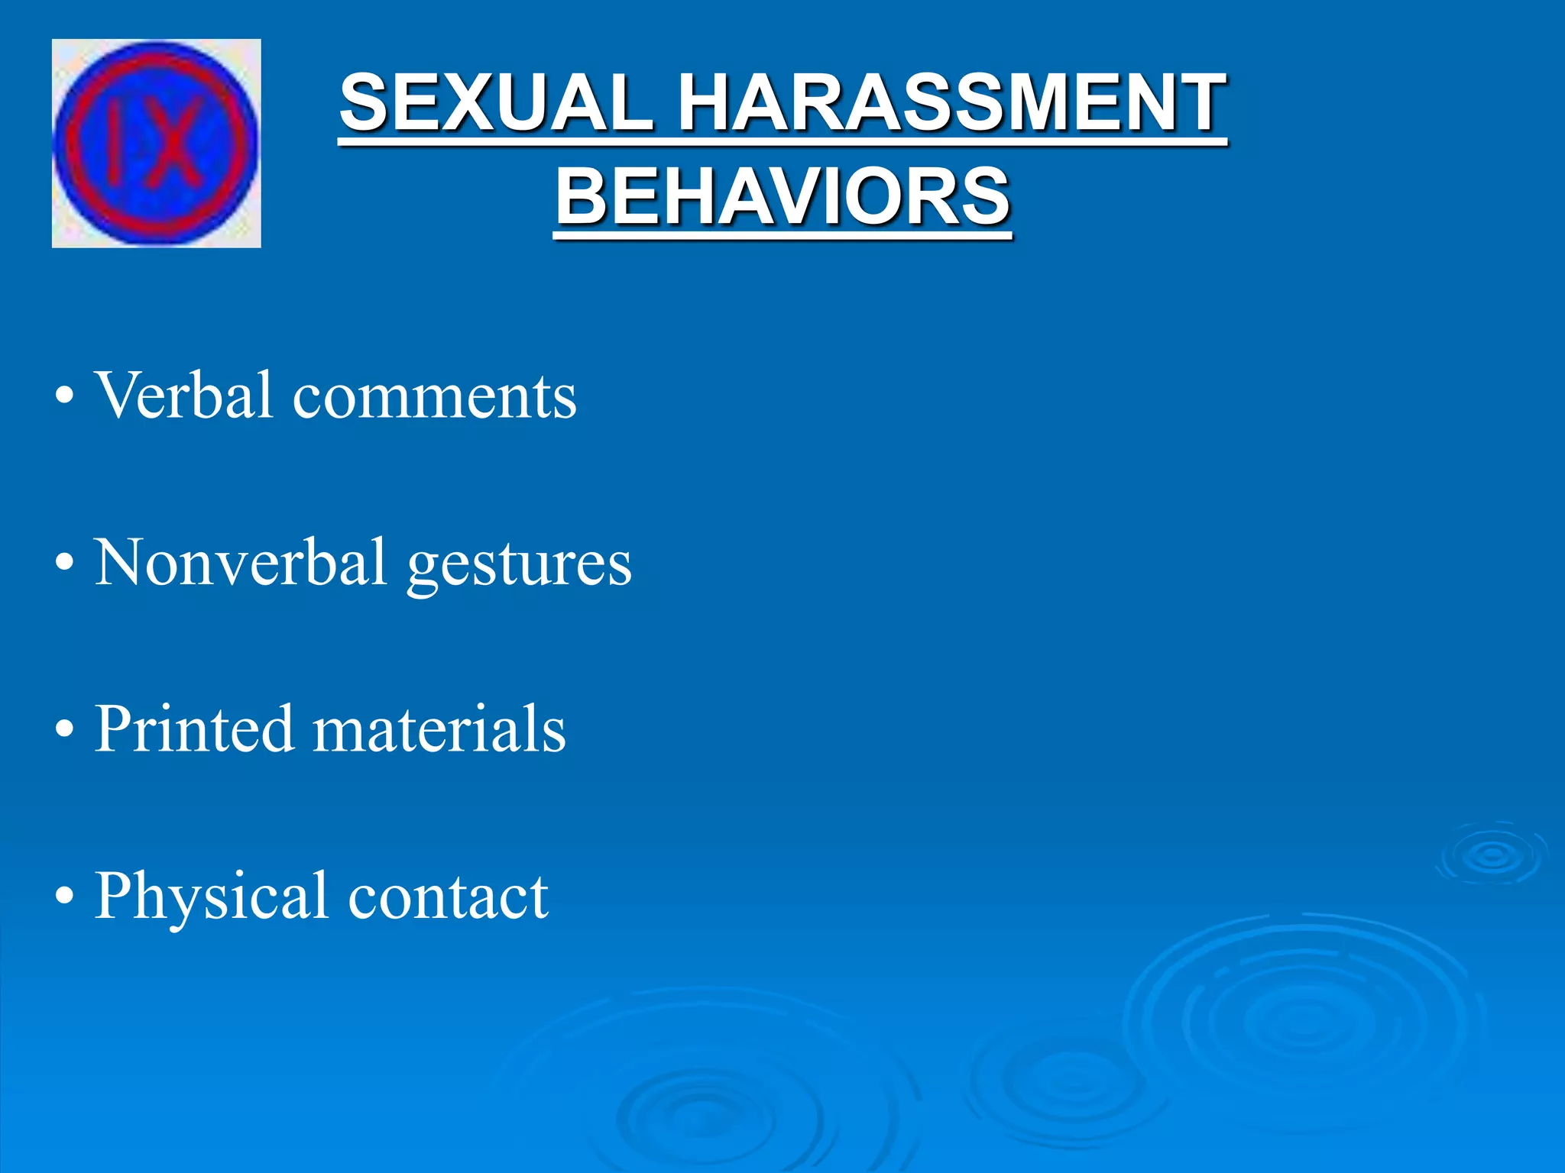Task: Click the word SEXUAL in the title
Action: [x=497, y=103]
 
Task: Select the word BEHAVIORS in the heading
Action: [x=782, y=197]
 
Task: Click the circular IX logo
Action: [x=156, y=144]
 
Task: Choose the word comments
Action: [x=434, y=397]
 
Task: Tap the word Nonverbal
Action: [x=240, y=562]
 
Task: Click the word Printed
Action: [x=194, y=729]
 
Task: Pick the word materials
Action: [x=439, y=730]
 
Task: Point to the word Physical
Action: [x=211, y=897]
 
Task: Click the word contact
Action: [x=448, y=897]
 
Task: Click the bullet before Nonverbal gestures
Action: [x=65, y=564]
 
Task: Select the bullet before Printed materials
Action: [x=65, y=730]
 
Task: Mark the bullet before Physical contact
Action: [x=65, y=897]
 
